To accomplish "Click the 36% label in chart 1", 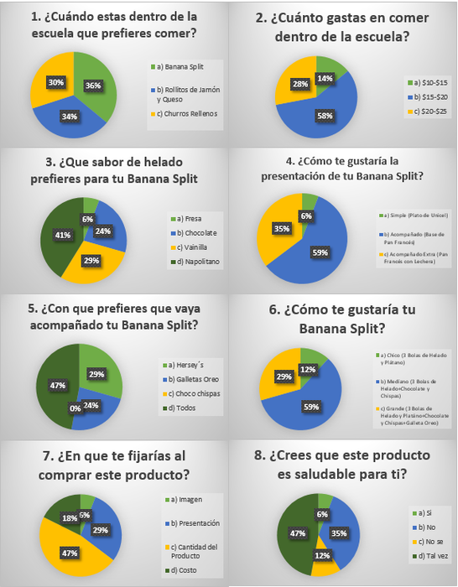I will click(94, 85).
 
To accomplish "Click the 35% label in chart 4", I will click(277, 227).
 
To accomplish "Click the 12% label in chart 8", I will click(320, 556).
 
